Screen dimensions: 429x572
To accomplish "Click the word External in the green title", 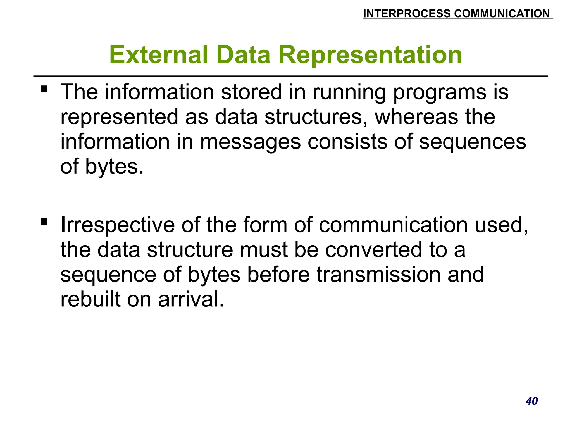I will (x=159, y=55).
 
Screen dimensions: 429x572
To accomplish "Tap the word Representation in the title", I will (x=370, y=55).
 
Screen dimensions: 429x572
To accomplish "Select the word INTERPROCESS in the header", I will (x=407, y=14).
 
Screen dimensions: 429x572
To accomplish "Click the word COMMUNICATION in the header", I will (x=502, y=14).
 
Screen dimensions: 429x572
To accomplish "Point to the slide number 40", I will (x=532, y=401).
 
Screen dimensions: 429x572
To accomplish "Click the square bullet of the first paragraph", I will (x=44, y=89).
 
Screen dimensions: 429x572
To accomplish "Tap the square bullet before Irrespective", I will (x=44, y=222).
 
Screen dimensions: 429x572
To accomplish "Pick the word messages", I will (x=250, y=142).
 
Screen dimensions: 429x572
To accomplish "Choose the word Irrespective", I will (x=117, y=225).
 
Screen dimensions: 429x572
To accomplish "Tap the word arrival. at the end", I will (x=191, y=299).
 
